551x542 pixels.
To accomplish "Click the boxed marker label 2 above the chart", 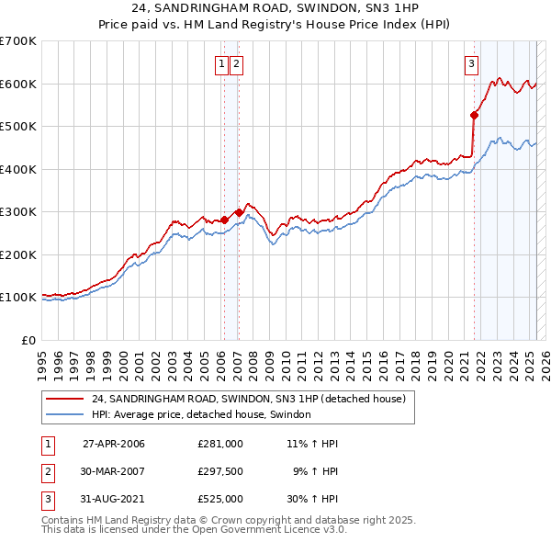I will [237, 63].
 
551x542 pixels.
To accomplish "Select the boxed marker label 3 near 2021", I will [471, 63].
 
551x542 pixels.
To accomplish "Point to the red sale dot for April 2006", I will [224, 220].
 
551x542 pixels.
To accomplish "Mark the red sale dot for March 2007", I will [239, 212].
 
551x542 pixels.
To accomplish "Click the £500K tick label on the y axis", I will [17, 126].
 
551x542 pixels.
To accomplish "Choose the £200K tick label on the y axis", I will [17, 254].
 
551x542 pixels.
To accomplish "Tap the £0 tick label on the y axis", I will [28, 340].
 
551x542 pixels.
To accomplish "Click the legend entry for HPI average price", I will [201, 415].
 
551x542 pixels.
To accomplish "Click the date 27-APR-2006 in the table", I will [114, 444].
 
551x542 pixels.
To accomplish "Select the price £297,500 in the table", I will [220, 471].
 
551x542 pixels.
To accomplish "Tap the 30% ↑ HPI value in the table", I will [312, 499].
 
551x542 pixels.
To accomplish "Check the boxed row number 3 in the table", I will [47, 499].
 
